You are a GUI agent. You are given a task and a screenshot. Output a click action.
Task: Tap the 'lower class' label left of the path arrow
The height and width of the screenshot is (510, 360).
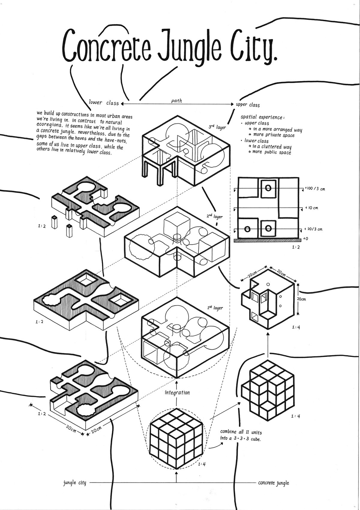[x=104, y=103]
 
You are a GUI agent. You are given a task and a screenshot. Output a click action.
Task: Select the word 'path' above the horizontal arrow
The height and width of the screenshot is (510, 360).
[x=176, y=100]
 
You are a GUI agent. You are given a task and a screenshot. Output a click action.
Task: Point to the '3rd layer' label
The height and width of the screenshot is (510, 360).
[x=217, y=127]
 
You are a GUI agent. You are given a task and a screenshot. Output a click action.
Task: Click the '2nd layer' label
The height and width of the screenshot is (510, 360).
[x=215, y=216]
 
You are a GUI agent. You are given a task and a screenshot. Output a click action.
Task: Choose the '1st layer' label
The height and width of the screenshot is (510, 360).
[x=215, y=307]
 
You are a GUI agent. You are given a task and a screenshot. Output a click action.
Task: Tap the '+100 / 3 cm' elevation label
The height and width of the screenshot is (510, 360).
[x=315, y=189]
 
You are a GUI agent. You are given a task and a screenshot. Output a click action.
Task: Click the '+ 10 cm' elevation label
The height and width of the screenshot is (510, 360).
[x=311, y=208]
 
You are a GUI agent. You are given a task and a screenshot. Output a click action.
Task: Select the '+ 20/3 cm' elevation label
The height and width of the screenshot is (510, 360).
[x=313, y=229]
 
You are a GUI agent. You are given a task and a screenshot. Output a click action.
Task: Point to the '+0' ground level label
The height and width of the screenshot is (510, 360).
[x=305, y=238]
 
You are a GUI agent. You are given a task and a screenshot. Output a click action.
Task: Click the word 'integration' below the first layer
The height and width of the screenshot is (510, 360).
[x=177, y=392]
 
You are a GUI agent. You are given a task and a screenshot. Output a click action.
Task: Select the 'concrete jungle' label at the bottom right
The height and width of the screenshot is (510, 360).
[x=274, y=483]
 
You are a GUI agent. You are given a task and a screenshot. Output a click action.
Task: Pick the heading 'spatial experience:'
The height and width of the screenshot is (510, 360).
[x=263, y=117]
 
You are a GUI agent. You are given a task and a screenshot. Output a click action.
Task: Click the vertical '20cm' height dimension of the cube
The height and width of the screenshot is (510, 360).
[x=301, y=299]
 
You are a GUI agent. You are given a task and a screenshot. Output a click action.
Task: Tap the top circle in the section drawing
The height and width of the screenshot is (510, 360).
[x=268, y=188]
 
